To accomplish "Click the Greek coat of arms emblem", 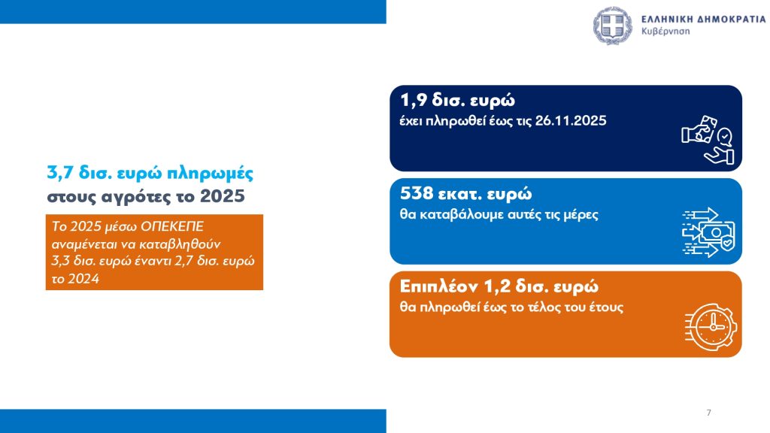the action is [612, 26].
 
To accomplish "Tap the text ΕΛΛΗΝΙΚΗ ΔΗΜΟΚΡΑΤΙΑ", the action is [703, 19].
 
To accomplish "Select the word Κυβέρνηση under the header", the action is [665, 32].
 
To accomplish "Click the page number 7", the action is [708, 413].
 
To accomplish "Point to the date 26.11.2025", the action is [571, 121].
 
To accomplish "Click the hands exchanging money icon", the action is [708, 139].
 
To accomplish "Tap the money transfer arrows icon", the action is [708, 232].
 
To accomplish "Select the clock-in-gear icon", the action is [711, 327].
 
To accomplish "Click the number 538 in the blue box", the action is [417, 193].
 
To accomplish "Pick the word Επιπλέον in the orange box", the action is [439, 286].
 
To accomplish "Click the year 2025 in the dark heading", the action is [222, 196].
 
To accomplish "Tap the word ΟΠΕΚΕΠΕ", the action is [172, 227].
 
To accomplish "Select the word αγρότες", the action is [129, 198].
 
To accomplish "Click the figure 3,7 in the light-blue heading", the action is [60, 174].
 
